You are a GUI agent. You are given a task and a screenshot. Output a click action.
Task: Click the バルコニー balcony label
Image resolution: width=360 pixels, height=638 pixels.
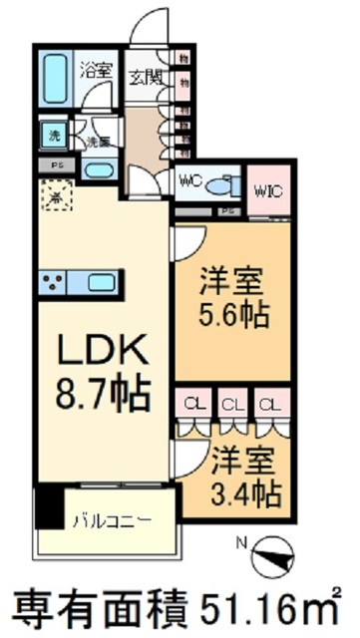112,520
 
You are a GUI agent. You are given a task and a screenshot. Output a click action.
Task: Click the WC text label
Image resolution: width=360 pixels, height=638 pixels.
190,182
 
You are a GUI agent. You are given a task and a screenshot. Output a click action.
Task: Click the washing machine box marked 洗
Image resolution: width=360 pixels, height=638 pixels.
51,134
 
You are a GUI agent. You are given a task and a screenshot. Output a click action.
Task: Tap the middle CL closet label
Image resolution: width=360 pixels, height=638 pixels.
232,405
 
